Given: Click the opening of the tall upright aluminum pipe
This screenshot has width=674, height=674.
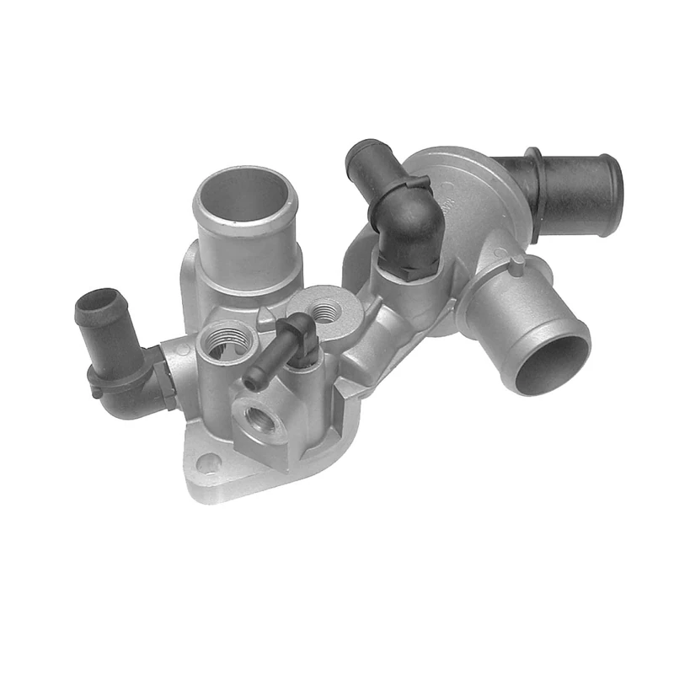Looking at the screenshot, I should point(244,192).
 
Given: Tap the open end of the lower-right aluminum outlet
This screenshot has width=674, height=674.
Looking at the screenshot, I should point(553,361).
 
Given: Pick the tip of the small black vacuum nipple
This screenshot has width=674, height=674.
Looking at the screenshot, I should point(251,384).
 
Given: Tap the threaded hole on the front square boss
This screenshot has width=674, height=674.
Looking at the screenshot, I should point(255,416).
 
